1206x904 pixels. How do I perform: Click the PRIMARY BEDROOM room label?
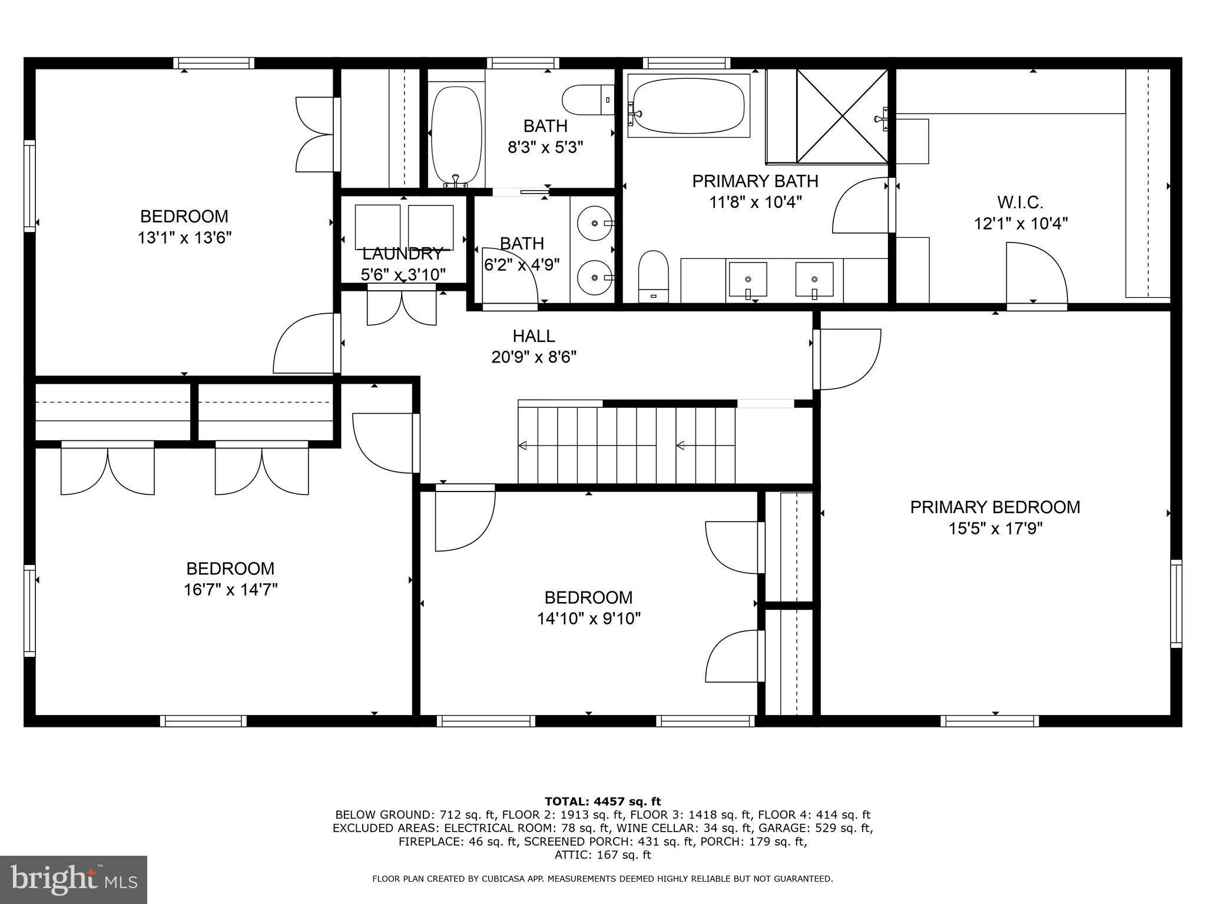[x=995, y=507]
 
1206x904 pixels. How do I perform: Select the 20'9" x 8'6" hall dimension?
[x=534, y=357]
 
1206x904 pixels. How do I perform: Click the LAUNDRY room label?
[x=402, y=254]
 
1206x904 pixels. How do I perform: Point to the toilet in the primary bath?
[x=654, y=275]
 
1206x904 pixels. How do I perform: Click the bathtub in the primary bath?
[x=688, y=106]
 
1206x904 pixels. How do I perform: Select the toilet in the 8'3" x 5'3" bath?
[x=587, y=100]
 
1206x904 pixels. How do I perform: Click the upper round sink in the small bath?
[x=594, y=223]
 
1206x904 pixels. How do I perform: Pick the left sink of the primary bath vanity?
[x=748, y=279]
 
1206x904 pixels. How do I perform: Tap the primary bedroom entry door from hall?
[x=848, y=359]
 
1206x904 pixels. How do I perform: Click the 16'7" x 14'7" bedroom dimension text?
[x=230, y=590]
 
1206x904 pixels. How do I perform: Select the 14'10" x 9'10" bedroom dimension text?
[x=588, y=619]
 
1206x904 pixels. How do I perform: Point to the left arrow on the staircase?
[x=522, y=446]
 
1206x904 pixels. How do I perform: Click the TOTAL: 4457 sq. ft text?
[x=602, y=801]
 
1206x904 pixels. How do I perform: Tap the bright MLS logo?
[x=74, y=879]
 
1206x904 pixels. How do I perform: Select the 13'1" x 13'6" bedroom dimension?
[x=184, y=238]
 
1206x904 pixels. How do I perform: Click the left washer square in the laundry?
[x=377, y=227]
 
